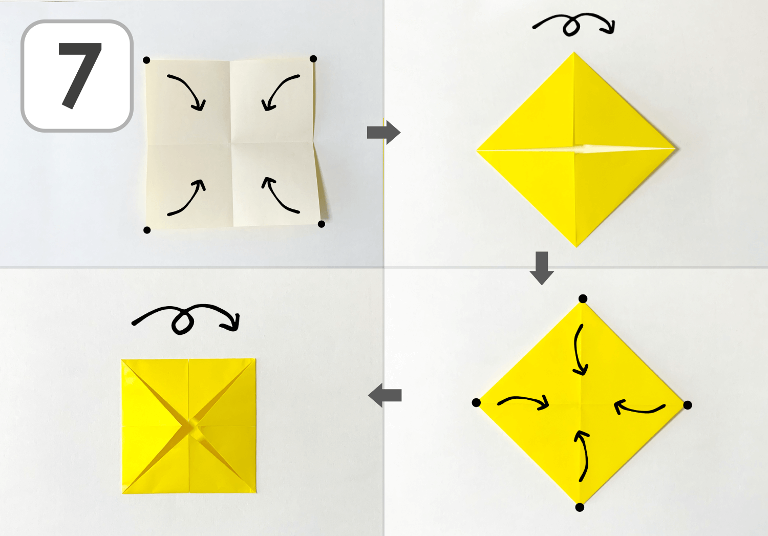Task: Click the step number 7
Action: (x=80, y=75)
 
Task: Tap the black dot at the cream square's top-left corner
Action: (x=146, y=60)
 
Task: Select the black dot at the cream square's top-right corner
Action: (x=313, y=58)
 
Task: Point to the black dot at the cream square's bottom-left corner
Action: (x=147, y=230)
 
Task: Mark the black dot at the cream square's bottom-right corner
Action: (x=321, y=224)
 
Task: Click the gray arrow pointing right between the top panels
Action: (x=383, y=132)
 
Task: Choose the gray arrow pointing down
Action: (x=542, y=268)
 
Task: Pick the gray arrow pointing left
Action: (x=385, y=396)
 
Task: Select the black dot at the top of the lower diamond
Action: (x=583, y=298)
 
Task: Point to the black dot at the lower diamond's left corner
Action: (x=476, y=403)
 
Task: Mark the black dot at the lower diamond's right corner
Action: (x=688, y=405)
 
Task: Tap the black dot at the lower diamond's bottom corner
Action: (x=580, y=507)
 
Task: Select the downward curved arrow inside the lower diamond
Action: (x=577, y=350)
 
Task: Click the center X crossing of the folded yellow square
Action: (x=189, y=426)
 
